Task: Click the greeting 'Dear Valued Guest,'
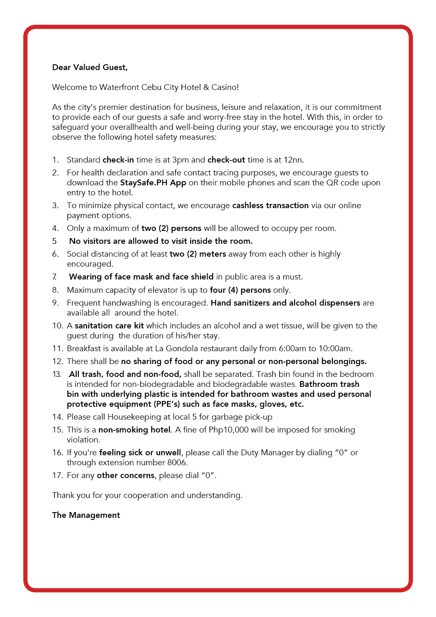pyautogui.click(x=90, y=67)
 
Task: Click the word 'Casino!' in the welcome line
pyautogui.click(x=225, y=87)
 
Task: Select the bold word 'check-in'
pyautogui.click(x=118, y=160)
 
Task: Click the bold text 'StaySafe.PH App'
pyautogui.click(x=153, y=182)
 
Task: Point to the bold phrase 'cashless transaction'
pyautogui.click(x=270, y=205)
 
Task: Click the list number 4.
pyautogui.click(x=55, y=228)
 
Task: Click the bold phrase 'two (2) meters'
pyautogui.click(x=198, y=254)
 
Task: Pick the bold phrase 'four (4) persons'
pyautogui.click(x=240, y=290)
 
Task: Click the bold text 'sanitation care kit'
pyautogui.click(x=109, y=326)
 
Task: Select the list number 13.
pyautogui.click(x=56, y=374)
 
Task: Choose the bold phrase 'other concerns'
pyautogui.click(x=125, y=475)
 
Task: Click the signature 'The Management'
pyautogui.click(x=86, y=515)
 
